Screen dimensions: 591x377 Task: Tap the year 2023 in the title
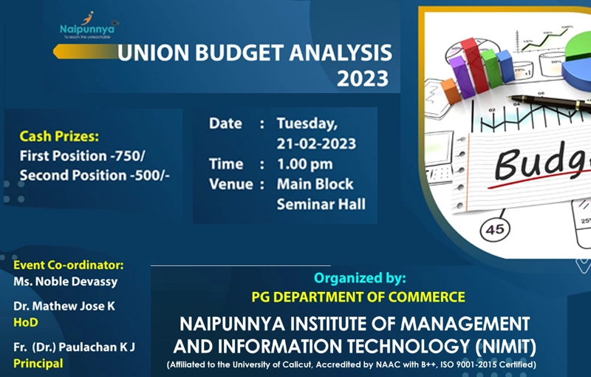pyautogui.click(x=363, y=78)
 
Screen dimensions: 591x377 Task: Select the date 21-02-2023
pyautogui.click(x=316, y=143)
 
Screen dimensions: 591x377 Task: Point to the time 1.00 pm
pyautogui.click(x=305, y=164)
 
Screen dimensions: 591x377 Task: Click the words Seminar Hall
pyautogui.click(x=321, y=204)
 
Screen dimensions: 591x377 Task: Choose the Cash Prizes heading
pyautogui.click(x=59, y=136)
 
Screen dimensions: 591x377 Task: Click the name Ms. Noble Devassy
pyautogui.click(x=66, y=282)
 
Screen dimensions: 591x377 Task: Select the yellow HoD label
pyautogui.click(x=26, y=322)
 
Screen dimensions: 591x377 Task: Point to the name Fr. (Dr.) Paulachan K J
pyautogui.click(x=74, y=347)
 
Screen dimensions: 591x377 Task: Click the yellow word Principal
pyautogui.click(x=38, y=364)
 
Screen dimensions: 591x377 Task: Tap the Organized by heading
pyautogui.click(x=360, y=278)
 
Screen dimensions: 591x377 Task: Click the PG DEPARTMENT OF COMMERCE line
pyautogui.click(x=358, y=297)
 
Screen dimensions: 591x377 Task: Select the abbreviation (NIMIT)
pyautogui.click(x=505, y=347)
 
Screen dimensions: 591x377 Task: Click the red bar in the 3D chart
pyautogui.click(x=474, y=65)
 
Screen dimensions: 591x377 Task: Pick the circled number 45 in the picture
pyautogui.click(x=495, y=229)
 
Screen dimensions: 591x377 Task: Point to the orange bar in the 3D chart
pyautogui.click(x=451, y=91)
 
